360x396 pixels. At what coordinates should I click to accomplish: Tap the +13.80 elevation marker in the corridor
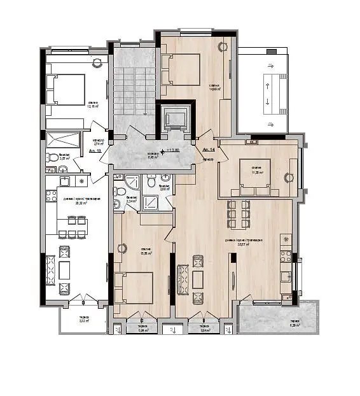click(x=170, y=151)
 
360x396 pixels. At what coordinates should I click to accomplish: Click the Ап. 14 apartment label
click(x=208, y=150)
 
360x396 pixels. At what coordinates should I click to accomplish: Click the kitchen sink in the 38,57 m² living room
click(x=286, y=276)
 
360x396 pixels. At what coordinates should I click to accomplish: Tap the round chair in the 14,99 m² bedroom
click(x=223, y=46)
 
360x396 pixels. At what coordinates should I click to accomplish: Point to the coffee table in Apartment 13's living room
click(x=64, y=270)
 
